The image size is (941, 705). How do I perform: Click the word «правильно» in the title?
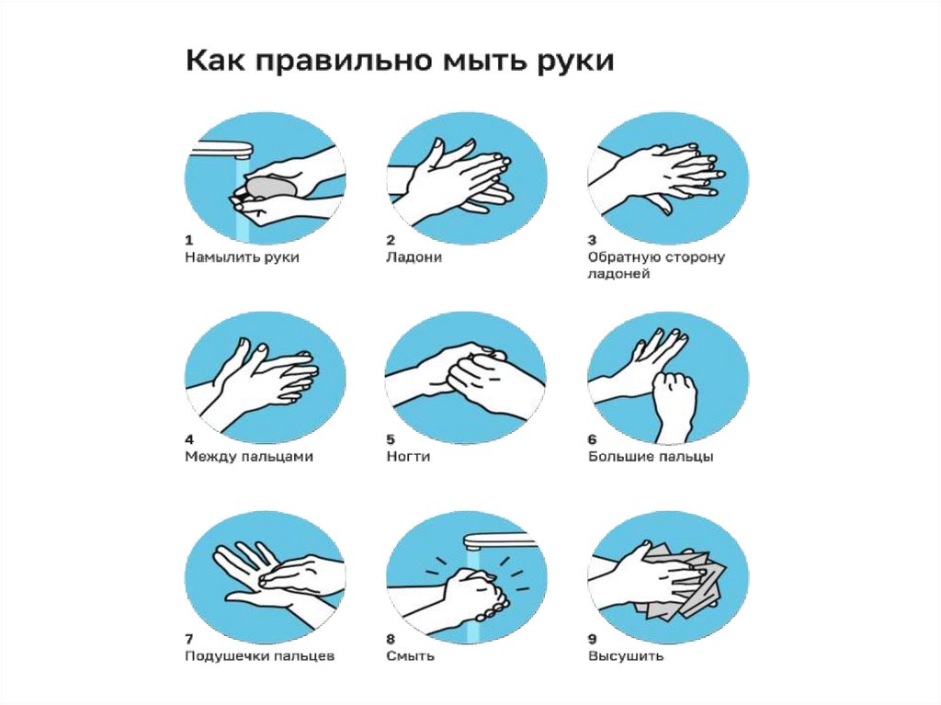[343, 62]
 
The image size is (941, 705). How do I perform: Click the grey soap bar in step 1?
[272, 187]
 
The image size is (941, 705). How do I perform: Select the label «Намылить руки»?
[242, 257]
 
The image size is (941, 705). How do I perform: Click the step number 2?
[391, 240]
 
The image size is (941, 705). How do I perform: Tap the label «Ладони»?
[414, 257]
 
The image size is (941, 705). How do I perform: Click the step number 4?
[189, 439]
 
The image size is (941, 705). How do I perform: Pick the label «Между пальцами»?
[249, 457]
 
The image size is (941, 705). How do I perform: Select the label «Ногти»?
[408, 457]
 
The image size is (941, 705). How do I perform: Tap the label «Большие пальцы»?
[651, 457]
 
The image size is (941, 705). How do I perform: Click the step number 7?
[189, 639]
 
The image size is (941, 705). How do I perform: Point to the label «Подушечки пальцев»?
[259, 656]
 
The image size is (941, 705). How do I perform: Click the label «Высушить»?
[626, 656]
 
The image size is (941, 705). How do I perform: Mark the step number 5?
[391, 439]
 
